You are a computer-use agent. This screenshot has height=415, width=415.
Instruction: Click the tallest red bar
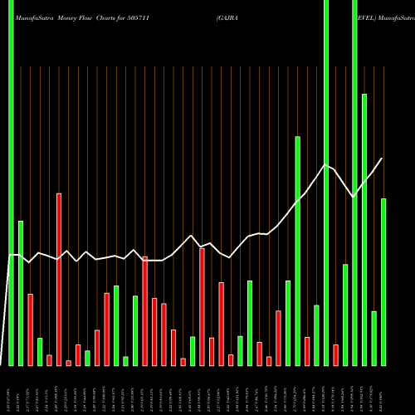[x=59, y=279]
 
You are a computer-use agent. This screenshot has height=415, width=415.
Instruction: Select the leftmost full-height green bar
[x=12, y=183]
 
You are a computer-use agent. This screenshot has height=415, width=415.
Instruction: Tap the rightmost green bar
[x=383, y=282]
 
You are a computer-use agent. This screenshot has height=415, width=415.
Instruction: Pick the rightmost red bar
[x=336, y=354]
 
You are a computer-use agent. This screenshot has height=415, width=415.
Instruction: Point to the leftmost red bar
[x=31, y=330]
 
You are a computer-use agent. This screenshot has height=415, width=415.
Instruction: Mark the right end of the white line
[x=382, y=159]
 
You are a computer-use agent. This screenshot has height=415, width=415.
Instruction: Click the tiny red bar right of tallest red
[x=69, y=363]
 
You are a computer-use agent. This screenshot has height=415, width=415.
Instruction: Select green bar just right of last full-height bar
[x=364, y=229]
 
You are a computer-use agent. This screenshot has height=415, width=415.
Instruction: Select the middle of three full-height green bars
[x=326, y=183]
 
